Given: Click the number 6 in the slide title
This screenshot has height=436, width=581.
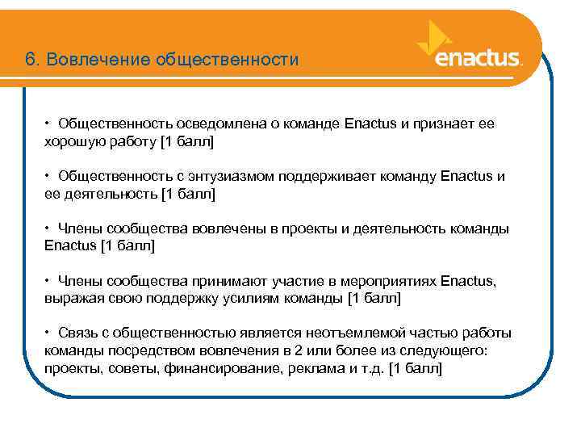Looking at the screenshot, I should [30, 60].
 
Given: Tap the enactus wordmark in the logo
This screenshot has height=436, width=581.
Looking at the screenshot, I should [478, 59].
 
